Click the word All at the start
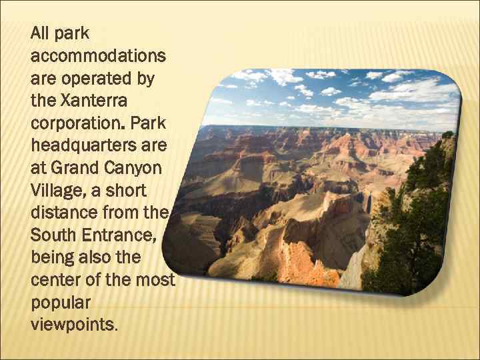40,33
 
